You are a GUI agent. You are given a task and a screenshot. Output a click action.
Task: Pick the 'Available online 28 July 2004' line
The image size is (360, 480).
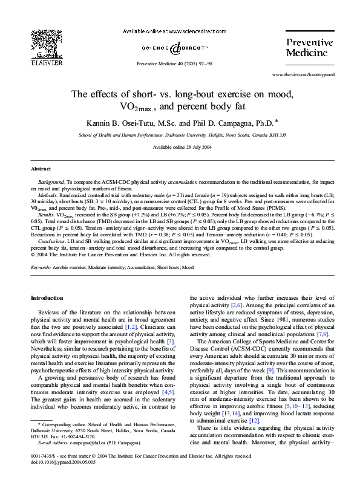point(180,147)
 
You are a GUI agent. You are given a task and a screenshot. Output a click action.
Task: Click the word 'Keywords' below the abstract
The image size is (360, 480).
point(42,267)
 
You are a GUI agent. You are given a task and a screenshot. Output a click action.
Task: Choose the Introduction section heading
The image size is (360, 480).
point(47,298)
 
